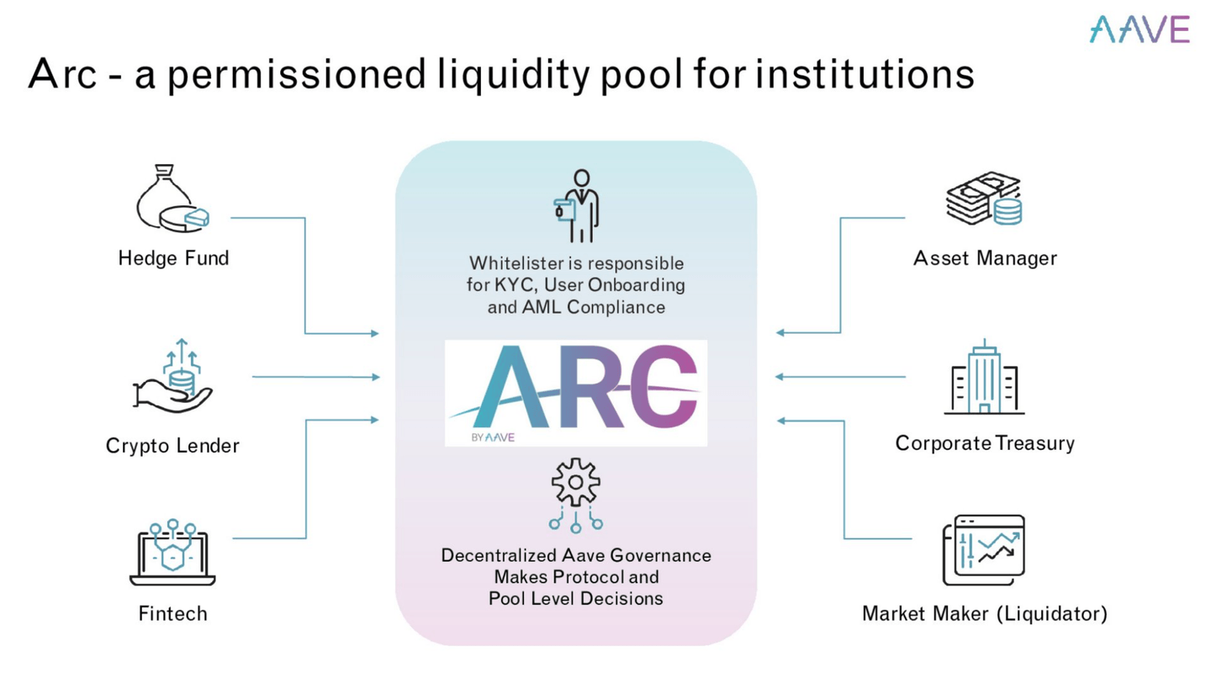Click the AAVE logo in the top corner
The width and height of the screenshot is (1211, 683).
[1140, 29]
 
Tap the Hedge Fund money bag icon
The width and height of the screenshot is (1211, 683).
[172, 199]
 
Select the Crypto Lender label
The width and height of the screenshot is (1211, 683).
[172, 446]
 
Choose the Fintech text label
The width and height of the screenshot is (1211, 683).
[172, 613]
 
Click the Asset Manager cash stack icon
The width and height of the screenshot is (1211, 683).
[983, 199]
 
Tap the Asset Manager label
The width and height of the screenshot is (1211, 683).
[985, 257]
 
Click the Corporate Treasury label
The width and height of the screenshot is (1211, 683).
[985, 443]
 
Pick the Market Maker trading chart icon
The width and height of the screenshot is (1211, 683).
[984, 550]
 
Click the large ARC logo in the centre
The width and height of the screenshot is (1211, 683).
[575, 392]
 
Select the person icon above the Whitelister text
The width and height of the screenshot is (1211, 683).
[577, 206]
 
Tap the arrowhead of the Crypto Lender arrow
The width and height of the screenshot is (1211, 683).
[376, 377]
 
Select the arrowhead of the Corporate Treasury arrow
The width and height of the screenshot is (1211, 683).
[780, 377]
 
